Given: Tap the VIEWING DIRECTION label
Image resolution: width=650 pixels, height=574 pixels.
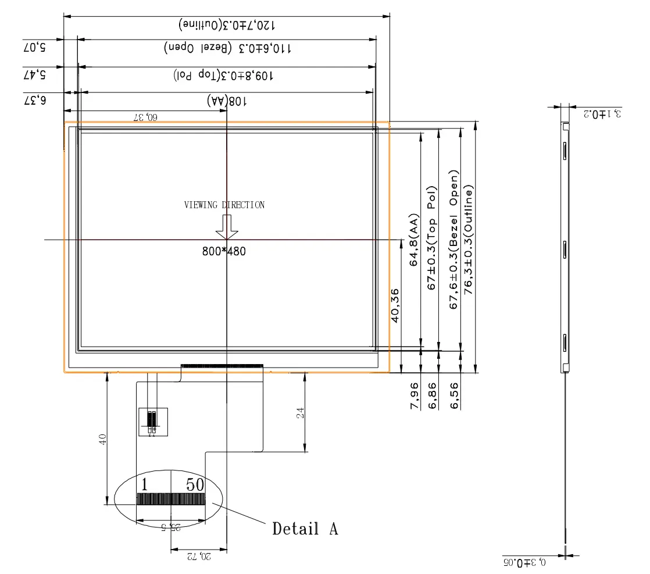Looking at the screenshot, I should pyautogui.click(x=224, y=205).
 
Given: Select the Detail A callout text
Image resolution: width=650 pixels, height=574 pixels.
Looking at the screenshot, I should pyautogui.click(x=305, y=529).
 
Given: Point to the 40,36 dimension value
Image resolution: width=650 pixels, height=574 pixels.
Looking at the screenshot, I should pyautogui.click(x=395, y=306).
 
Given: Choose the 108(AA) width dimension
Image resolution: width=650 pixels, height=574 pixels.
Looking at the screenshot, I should pyautogui.click(x=226, y=101).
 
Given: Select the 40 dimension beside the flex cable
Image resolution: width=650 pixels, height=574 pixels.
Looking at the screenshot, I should pyautogui.click(x=103, y=438).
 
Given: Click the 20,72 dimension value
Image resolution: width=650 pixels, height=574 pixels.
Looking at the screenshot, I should pyautogui.click(x=198, y=557).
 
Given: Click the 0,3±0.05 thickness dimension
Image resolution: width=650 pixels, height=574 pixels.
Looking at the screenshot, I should pyautogui.click(x=524, y=562).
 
